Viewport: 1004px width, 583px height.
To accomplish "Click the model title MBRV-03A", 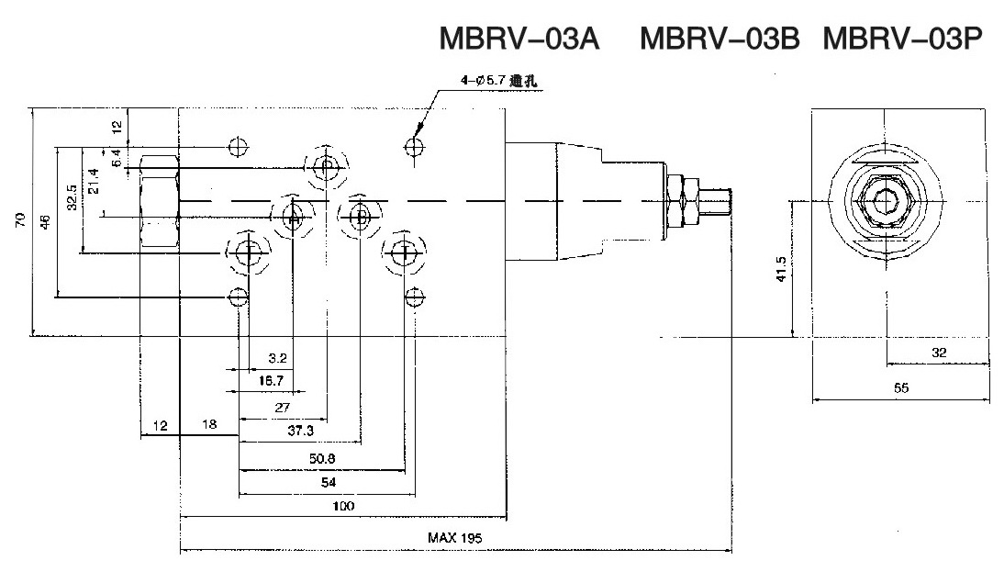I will pyautogui.click(x=519, y=39).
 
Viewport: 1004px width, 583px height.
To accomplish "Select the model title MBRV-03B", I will pyautogui.click(x=720, y=39).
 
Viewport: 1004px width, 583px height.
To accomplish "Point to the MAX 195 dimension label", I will pyautogui.click(x=454, y=538).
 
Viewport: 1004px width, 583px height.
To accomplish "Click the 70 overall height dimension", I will pyautogui.click(x=20, y=220).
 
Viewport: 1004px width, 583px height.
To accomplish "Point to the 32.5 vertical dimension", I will pyautogui.click(x=72, y=199).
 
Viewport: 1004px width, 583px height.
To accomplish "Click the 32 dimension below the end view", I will pyautogui.click(x=938, y=353).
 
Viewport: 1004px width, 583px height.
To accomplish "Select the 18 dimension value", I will pyautogui.click(x=209, y=425).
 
